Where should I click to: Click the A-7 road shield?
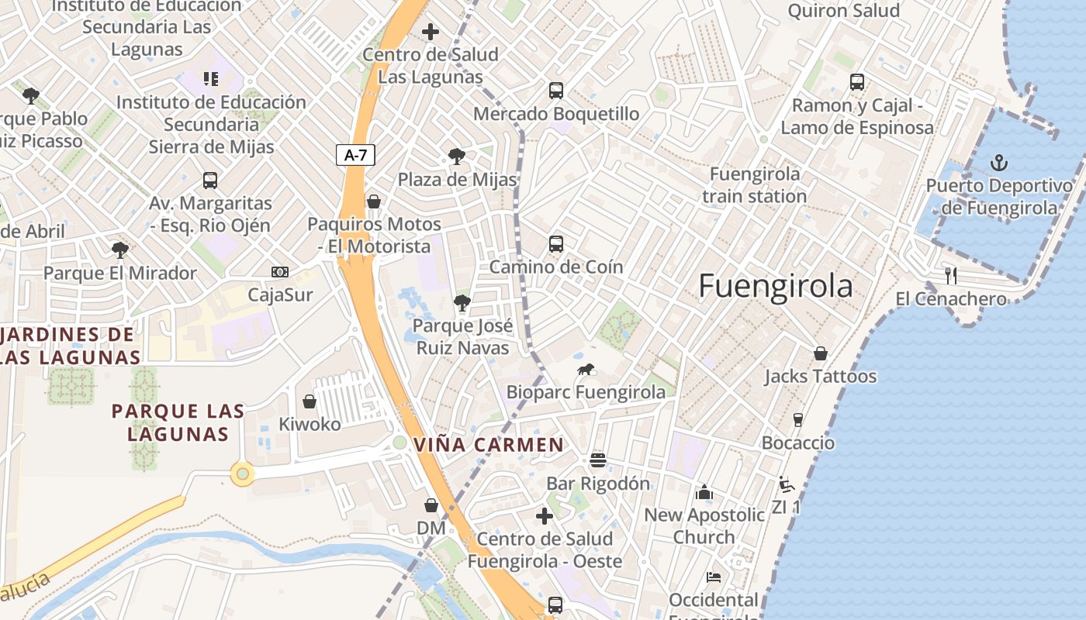point(355,155)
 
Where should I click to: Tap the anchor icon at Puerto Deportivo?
point(999,163)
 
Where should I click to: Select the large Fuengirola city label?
point(775,286)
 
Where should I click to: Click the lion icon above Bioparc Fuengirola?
point(586,370)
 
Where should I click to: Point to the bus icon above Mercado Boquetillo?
point(556,90)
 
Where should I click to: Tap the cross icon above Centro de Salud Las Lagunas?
point(431,32)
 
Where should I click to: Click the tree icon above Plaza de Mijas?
point(457,157)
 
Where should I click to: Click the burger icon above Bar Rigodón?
point(597,460)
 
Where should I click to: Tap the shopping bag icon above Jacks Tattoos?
point(821,353)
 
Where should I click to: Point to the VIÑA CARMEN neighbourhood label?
point(489,445)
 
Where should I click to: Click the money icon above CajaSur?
point(280,271)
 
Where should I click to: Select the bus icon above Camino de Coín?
point(556,244)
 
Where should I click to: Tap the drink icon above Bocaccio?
point(797,420)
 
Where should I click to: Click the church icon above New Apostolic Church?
point(704,491)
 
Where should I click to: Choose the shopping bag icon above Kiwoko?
point(310,401)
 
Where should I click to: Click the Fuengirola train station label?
point(755,185)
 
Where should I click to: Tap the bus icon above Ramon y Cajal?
point(857,81)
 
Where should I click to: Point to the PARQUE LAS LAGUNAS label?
point(178,422)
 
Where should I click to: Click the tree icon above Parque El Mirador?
point(120,250)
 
